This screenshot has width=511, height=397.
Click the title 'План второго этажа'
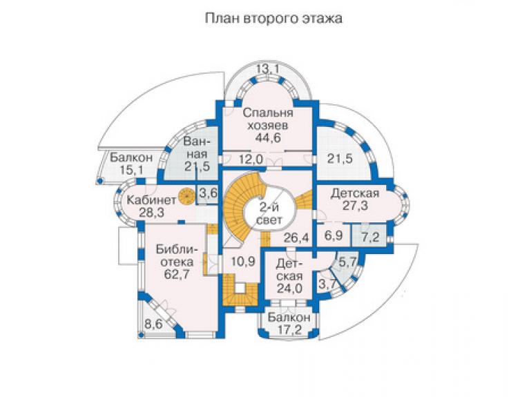(273, 18)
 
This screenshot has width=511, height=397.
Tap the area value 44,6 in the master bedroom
(268, 137)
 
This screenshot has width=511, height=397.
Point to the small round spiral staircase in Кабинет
(186, 197)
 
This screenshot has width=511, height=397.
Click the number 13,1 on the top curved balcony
(268, 69)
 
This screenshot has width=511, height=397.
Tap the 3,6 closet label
(209, 193)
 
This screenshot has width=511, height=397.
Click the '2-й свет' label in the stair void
(269, 213)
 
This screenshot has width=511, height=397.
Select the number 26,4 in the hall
(296, 238)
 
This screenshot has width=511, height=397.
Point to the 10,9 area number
(243, 261)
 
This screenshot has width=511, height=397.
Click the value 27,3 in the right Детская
(355, 206)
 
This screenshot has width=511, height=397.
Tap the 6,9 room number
(334, 235)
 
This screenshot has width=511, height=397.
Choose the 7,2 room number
(371, 237)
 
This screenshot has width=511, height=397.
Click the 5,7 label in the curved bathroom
(348, 262)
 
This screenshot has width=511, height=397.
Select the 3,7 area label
(327, 284)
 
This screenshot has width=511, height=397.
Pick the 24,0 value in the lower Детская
(289, 288)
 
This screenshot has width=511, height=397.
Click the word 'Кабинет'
(151, 200)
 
